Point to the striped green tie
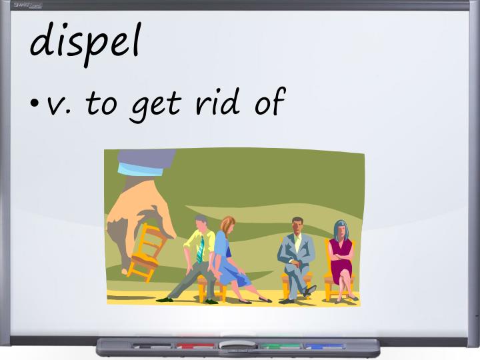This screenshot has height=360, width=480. (200, 249)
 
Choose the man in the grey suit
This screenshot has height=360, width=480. (297, 253)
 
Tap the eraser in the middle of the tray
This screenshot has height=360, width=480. (237, 345)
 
